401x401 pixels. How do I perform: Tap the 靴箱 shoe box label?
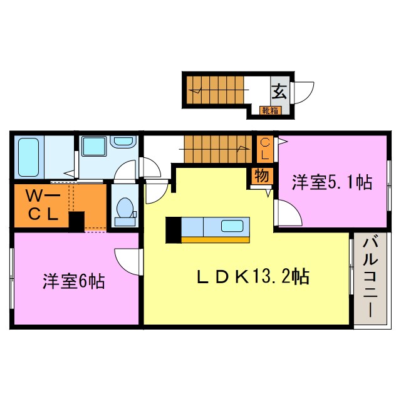point(271,111)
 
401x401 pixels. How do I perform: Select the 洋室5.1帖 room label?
point(332,182)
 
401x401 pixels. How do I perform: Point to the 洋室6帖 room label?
point(73,281)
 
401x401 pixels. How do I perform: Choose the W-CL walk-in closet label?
point(42,205)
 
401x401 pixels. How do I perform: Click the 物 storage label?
point(261,176)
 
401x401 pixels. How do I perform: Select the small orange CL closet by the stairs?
point(264,149)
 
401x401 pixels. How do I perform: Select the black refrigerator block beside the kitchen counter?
point(173,229)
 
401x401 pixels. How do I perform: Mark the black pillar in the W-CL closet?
point(76,222)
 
